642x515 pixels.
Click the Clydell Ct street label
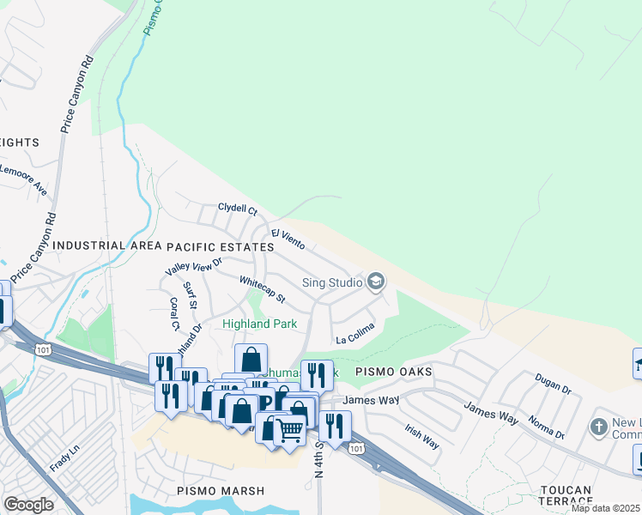[238, 209]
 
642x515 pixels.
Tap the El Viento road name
[288, 239]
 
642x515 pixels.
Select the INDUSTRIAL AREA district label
[106, 246]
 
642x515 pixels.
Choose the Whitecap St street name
[262, 288]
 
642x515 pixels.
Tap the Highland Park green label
[259, 324]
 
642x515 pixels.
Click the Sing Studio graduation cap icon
[375, 281]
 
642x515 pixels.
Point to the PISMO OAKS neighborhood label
[391, 373]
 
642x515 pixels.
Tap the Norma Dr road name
[547, 427]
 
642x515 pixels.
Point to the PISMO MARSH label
[212, 490]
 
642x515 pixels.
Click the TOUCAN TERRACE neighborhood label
[566, 496]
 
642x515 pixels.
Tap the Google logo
[28, 505]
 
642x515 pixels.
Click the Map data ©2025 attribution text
[605, 508]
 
